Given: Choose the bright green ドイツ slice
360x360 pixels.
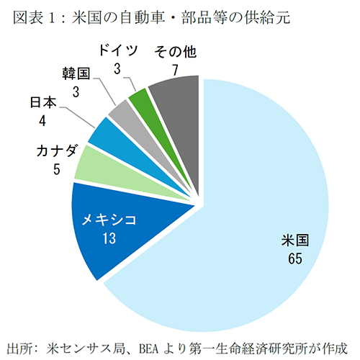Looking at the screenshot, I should point(138,97).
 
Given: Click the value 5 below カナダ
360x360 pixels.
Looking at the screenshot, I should point(45,170).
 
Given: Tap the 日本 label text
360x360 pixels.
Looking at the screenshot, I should point(42,104).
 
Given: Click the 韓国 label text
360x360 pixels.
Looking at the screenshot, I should point(76,73).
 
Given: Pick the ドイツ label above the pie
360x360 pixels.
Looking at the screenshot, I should point(117,53).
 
